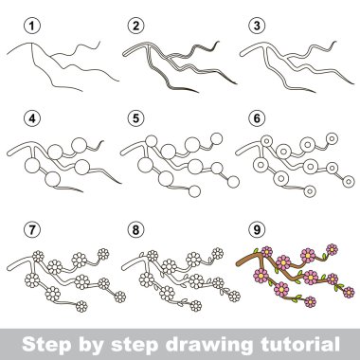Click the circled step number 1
pos(32,26)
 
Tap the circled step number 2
pos(135,26)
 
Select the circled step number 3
pos(257,26)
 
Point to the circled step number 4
pos(32,118)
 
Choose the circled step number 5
pos(135,118)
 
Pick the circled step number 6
pos(257,118)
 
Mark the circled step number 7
pos(32,229)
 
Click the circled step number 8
pos(135,229)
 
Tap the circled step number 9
pos(257,229)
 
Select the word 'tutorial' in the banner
pos(298,343)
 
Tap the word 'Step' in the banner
pos(46,345)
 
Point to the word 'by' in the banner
pos(91,345)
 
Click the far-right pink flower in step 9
pos(349,293)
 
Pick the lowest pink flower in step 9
pos(310,302)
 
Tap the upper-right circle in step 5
pos(217,138)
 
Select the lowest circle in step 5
pos(194,191)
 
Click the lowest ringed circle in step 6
pos(310,190)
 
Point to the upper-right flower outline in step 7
pos(103,254)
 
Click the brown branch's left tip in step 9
pos(238,262)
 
